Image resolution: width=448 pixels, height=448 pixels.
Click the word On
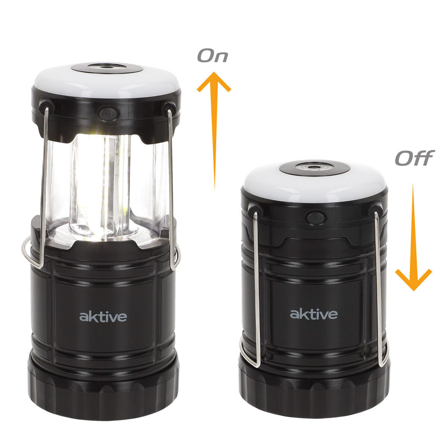pos(213,56)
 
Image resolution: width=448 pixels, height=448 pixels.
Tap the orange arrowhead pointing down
pos(413,280)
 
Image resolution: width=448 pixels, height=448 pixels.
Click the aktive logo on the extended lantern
pos(103,316)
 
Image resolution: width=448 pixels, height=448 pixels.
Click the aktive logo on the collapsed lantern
pos(314,314)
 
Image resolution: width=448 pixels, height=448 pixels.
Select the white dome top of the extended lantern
pos(106,81)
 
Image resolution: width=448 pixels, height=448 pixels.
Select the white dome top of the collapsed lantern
pos(314,183)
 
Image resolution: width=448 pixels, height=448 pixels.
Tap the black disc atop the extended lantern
pos(107,68)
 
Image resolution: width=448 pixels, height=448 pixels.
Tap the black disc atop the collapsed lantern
pos(315,168)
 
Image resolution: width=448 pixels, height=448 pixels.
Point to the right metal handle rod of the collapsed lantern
pos(378,289)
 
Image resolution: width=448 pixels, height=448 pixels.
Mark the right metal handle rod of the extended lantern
pos(171,189)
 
